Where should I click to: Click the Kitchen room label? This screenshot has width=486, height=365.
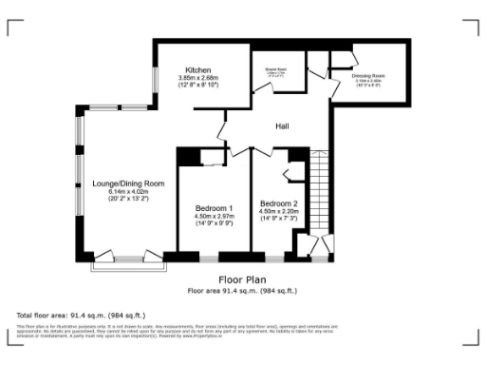point(197,70)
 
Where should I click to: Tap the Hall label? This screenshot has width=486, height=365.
point(282,126)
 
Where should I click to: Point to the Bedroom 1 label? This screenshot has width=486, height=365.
point(214,208)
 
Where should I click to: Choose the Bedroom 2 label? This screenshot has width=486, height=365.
point(279,203)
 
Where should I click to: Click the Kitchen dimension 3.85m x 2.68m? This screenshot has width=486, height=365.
point(200,78)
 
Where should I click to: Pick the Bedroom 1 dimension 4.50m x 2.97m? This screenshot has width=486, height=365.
point(214,216)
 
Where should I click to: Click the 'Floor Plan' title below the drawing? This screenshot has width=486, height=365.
point(242,279)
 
